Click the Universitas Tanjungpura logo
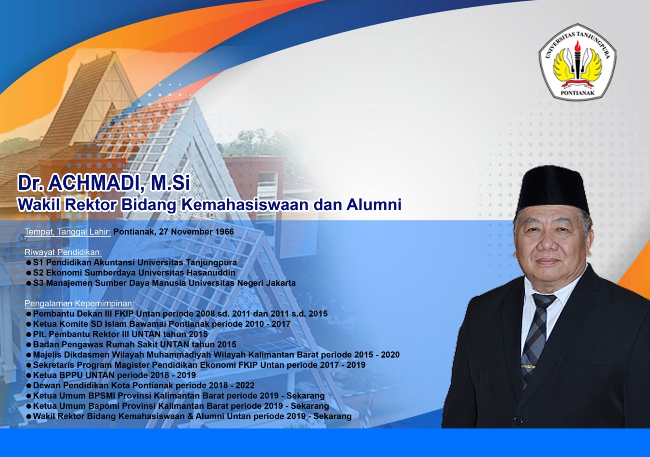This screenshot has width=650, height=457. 577,62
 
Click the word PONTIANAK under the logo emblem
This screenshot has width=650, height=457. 577,93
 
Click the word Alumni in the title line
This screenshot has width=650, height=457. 374,204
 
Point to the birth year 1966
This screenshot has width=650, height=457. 224,232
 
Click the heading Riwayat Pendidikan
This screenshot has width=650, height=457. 63,252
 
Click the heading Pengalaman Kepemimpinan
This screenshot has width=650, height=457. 79,303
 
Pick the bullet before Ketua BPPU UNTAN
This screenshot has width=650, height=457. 28,375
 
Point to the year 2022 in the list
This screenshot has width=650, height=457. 245,386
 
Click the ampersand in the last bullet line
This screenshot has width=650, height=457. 190,416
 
